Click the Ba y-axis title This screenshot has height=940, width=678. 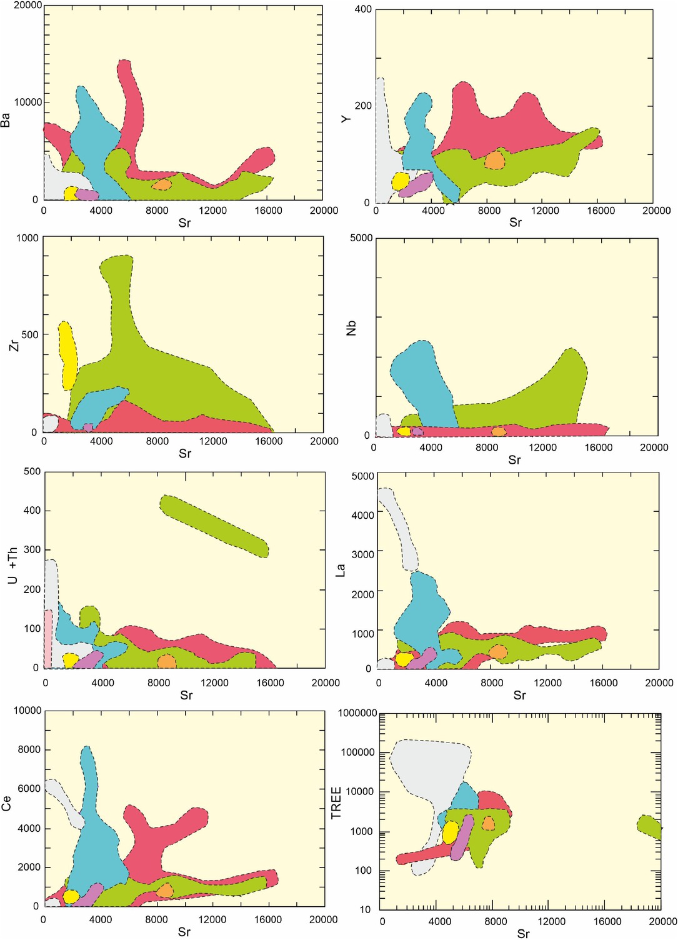pos(6,120)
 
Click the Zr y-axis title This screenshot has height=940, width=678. pos(14,342)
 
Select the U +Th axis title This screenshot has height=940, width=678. pos(12,566)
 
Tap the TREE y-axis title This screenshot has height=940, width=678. pos(336,803)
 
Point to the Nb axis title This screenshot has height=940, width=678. pos(351,328)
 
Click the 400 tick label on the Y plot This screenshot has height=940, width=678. pos(363,9)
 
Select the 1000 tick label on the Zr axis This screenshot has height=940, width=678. pos(27,238)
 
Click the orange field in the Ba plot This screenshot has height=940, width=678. pos(162,184)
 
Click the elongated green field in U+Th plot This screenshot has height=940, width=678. pos(214,525)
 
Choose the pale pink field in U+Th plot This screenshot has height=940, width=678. pos(48,637)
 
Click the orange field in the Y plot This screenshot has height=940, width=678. pos(495,161)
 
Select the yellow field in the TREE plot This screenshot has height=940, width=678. pos(450,832)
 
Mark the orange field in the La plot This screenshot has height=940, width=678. pos(498,652)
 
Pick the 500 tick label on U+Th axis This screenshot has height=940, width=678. pos(32,472)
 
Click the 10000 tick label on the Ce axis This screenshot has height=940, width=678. pos(28,711)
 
